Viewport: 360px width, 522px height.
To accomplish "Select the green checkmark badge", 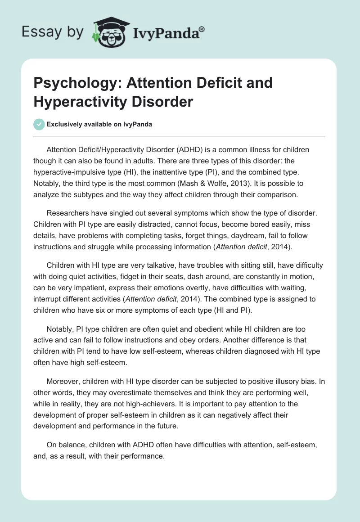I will pyautogui.click(x=39, y=124).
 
